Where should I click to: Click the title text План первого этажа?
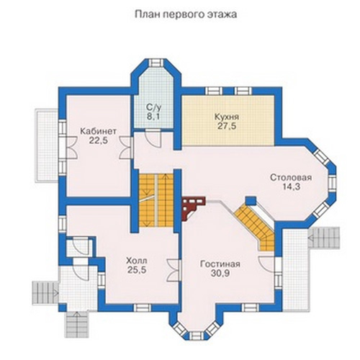[186, 14]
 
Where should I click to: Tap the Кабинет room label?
[99, 131]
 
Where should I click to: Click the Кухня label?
[227, 117]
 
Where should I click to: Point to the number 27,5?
[227, 126]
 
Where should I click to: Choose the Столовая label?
[291, 178]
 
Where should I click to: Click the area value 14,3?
[291, 186]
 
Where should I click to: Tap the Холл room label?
[137, 261]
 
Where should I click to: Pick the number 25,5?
[137, 270]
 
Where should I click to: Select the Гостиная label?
[220, 264]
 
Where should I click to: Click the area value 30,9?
[220, 273]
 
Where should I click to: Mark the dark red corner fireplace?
[192, 207]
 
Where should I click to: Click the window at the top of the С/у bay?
[156, 63]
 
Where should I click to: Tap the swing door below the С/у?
[153, 138]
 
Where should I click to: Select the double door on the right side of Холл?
[174, 270]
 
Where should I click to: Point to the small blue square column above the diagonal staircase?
[251, 201]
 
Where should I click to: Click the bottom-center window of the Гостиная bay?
[196, 336]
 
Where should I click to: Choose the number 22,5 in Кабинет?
[99, 140]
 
